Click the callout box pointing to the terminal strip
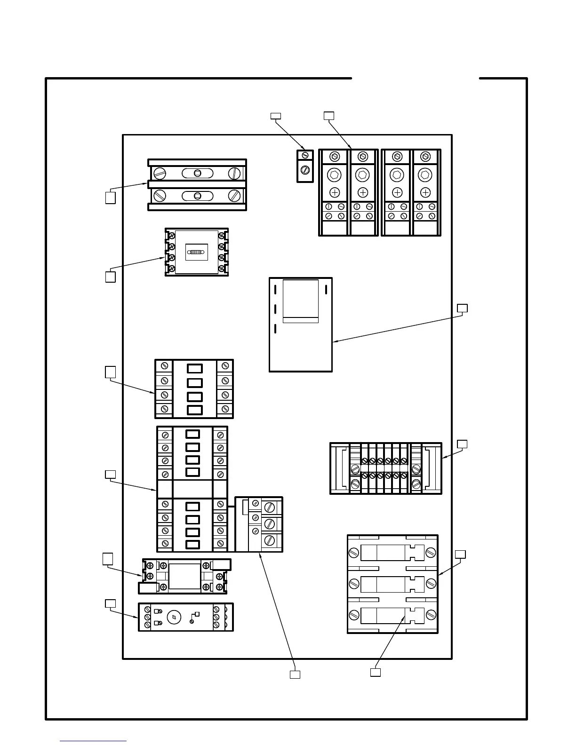tap(462, 444)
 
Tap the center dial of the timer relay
tap(174, 617)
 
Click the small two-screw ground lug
tap(305, 166)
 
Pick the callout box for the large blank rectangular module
tap(463, 308)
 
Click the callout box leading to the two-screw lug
tap(276, 115)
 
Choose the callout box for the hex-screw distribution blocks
tap(329, 116)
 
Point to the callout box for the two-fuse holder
tap(110, 198)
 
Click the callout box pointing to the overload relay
tap(295, 674)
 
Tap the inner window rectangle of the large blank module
tap(301, 301)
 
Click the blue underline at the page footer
tap(93, 741)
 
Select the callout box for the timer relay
tap(110, 603)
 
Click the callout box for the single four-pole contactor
tap(110, 372)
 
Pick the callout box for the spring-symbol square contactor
tap(110, 277)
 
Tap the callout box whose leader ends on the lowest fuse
tap(375, 672)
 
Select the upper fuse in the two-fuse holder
tap(197, 173)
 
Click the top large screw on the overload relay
tap(270, 507)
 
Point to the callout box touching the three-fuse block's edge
tap(461, 554)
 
